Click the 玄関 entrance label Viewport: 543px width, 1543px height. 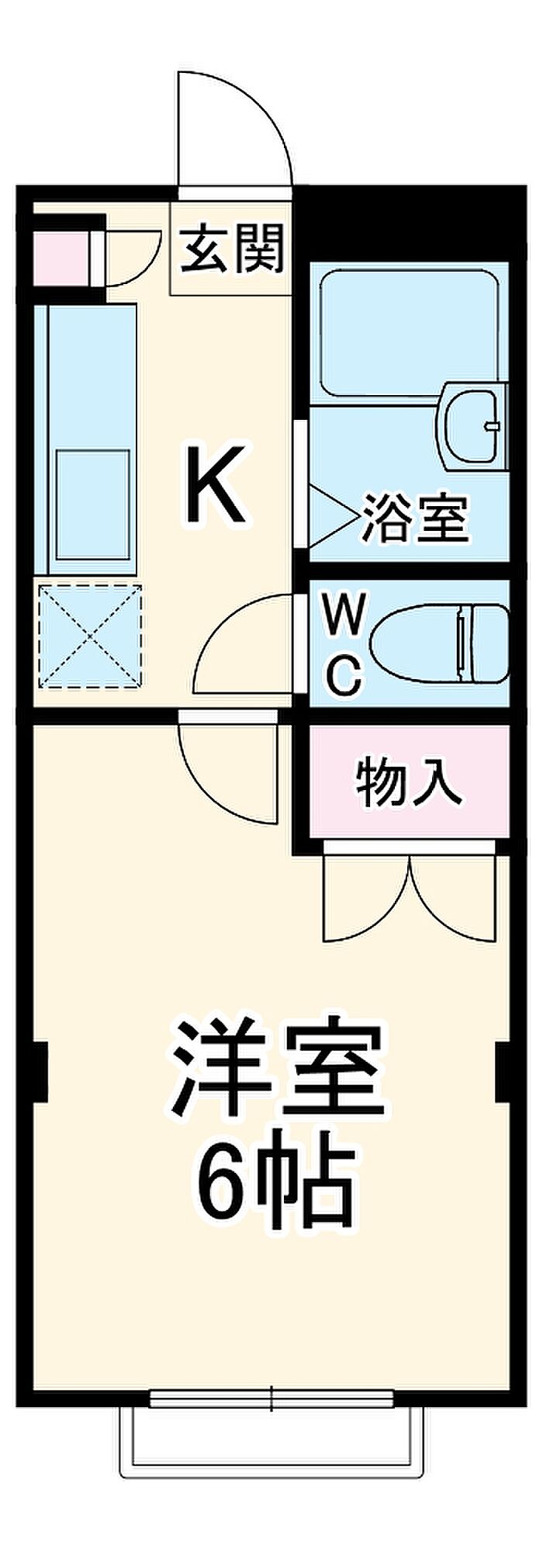(233, 248)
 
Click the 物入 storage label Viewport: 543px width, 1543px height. (409, 782)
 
